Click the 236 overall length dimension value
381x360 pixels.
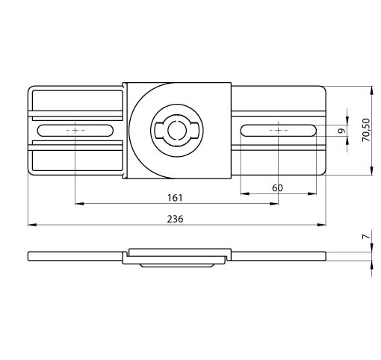pos(175,219)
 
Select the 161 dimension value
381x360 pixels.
pos(175,198)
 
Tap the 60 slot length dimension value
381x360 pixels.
pos(277,188)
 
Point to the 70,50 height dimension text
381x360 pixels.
pos(366,130)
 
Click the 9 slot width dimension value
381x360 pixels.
pos(343,131)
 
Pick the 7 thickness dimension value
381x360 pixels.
pos(366,237)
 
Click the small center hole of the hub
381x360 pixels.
pos(177,130)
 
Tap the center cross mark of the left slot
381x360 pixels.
pos(75,130)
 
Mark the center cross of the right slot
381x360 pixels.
pos(278,130)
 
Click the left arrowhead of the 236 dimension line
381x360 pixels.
pos(32,225)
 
